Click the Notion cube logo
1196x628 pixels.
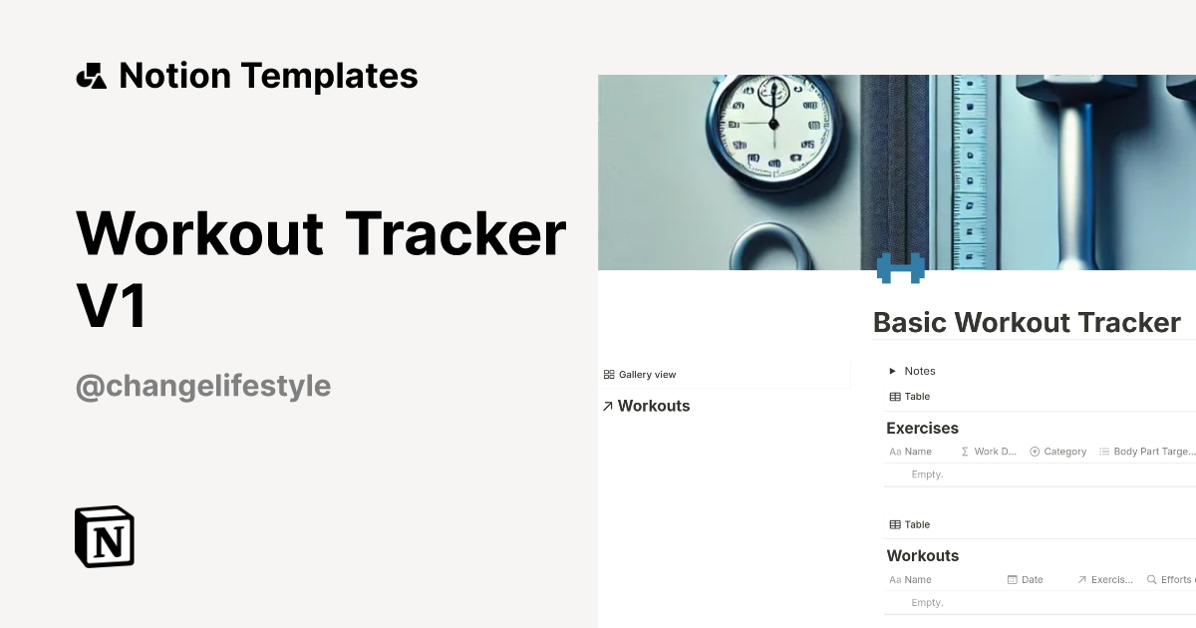pyautogui.click(x=105, y=536)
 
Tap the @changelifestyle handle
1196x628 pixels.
pyautogui.click(x=203, y=386)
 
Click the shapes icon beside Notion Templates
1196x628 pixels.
pyautogui.click(x=92, y=76)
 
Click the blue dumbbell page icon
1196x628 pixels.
pyautogui.click(x=900, y=267)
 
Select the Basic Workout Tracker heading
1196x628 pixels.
pyautogui.click(x=1027, y=323)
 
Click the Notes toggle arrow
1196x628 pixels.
pyautogui.click(x=893, y=371)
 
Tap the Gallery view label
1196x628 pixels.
pyautogui.click(x=647, y=375)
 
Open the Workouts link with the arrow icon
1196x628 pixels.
pyautogui.click(x=647, y=406)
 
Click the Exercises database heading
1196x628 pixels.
pyautogui.click(x=922, y=429)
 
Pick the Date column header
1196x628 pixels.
pyautogui.click(x=1032, y=579)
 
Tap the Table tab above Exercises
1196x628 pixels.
pyautogui.click(x=910, y=397)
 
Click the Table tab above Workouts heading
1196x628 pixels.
pyautogui.click(x=910, y=524)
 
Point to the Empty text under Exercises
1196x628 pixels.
pyautogui.click(x=927, y=474)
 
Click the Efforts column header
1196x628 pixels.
pyautogui.click(x=1175, y=579)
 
